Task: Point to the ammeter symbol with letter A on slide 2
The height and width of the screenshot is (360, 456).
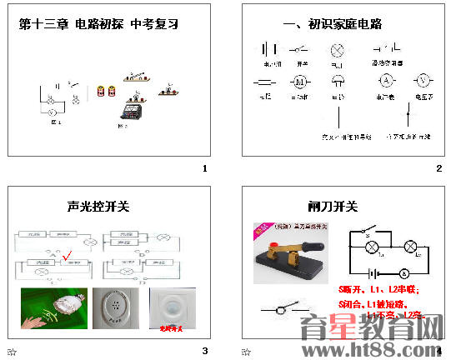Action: [x=386, y=81]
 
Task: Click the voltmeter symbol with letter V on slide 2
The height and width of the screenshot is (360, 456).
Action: [x=423, y=81]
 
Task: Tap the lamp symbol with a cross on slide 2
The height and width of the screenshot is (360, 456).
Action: [x=338, y=49]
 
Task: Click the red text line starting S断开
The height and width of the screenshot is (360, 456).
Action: [x=379, y=290]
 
